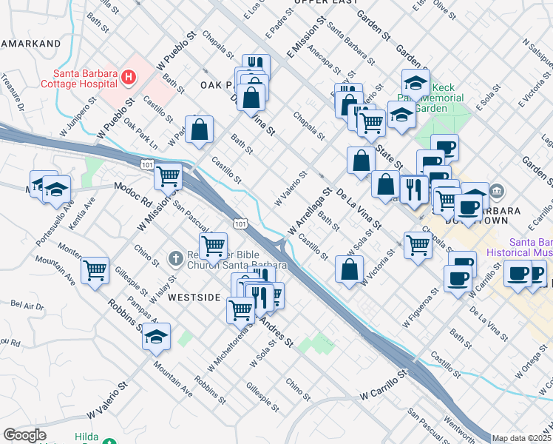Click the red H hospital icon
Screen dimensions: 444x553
click(x=129, y=76)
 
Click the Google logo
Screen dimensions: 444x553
click(x=24, y=435)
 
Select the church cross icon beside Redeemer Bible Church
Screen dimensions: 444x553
click(x=175, y=258)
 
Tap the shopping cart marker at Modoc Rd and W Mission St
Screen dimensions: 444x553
click(x=169, y=176)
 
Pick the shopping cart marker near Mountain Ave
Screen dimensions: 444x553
click(x=95, y=272)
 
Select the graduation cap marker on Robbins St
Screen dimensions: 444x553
click(x=156, y=337)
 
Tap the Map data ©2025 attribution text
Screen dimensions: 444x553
click(x=521, y=438)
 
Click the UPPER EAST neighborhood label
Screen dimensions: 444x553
click(x=320, y=3)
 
